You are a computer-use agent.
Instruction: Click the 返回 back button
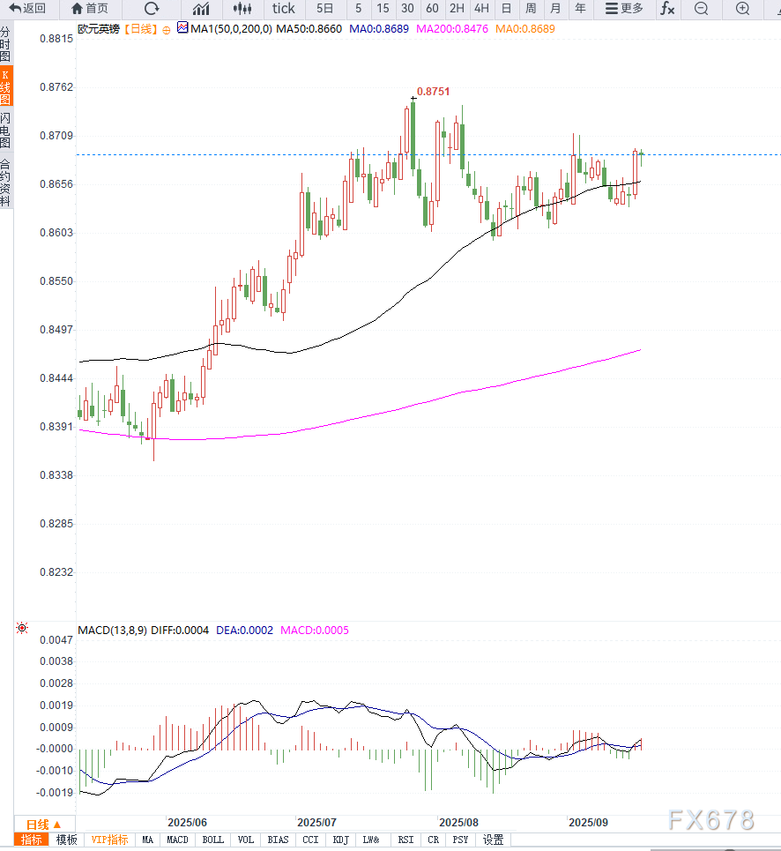(x=27, y=9)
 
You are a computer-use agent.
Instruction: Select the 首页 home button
(x=91, y=9)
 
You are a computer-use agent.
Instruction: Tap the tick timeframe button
(x=284, y=9)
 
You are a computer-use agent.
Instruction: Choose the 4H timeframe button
(x=481, y=9)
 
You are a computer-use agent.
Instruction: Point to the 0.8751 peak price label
(x=433, y=91)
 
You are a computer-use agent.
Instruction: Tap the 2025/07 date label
(x=316, y=821)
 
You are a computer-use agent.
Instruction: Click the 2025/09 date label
(x=588, y=821)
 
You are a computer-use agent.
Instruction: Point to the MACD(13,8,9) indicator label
(x=112, y=631)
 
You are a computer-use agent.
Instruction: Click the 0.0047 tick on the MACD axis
(x=58, y=639)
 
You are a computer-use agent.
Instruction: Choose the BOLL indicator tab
(x=213, y=840)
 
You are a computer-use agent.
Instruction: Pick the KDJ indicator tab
(x=341, y=840)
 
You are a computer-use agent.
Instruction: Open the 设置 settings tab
(x=494, y=840)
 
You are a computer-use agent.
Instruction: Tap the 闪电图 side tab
(x=6, y=130)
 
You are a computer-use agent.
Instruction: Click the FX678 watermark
(x=710, y=819)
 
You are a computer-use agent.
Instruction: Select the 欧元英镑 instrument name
(x=98, y=29)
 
